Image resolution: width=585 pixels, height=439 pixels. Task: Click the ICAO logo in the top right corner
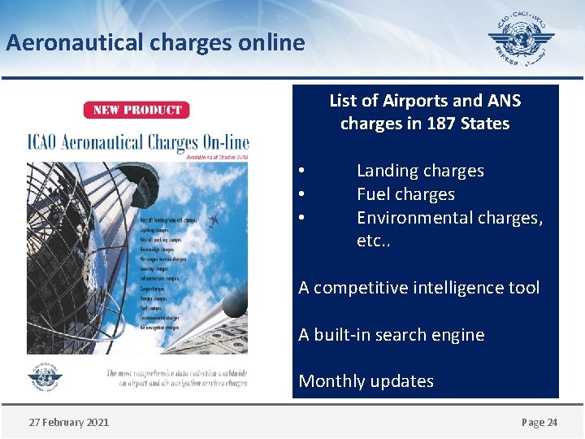(x=521, y=40)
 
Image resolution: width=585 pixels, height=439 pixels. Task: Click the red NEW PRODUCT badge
(x=136, y=110)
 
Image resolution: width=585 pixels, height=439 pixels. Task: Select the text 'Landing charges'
(x=420, y=171)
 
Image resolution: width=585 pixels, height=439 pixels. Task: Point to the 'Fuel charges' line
(x=405, y=194)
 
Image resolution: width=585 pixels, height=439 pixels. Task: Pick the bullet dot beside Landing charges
(x=301, y=171)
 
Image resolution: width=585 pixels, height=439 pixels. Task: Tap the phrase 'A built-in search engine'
(x=391, y=335)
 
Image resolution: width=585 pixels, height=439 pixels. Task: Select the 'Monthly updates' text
(x=366, y=381)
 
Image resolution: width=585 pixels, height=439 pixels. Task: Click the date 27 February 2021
(x=69, y=422)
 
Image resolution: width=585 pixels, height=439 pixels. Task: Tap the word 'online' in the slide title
(x=271, y=42)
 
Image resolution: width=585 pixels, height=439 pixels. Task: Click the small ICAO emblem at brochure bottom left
(x=44, y=377)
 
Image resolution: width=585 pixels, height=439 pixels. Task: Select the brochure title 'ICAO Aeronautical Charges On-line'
(x=138, y=143)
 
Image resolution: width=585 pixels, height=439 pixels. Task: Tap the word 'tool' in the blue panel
(x=523, y=288)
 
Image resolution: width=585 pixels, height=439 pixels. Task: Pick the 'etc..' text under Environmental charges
(x=374, y=241)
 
